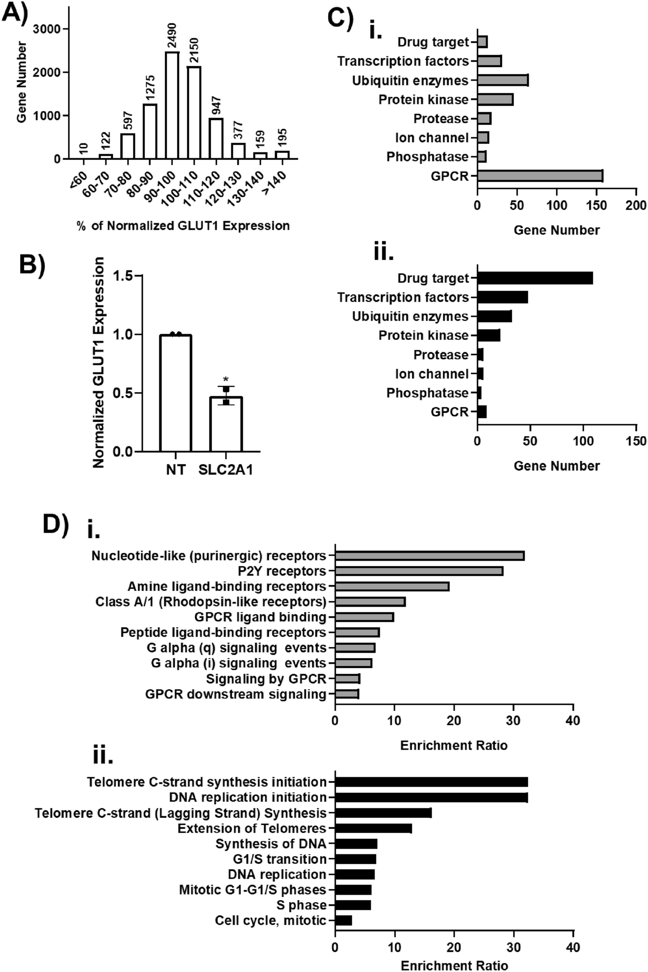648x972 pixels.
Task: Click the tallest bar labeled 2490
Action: [x=172, y=105]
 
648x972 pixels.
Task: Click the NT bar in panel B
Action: [x=176, y=393]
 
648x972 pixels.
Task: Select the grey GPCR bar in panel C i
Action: [x=540, y=176]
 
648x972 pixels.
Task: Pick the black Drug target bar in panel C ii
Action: [x=535, y=278]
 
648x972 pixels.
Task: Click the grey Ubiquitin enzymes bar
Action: [x=503, y=80]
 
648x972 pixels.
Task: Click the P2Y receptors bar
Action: [x=419, y=571]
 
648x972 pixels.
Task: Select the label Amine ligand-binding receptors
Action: [x=227, y=586]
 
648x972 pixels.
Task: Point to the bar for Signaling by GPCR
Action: [x=347, y=679]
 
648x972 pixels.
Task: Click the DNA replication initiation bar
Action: [x=431, y=797]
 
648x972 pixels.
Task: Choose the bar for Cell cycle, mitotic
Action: [x=343, y=921]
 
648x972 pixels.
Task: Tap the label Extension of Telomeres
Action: [x=252, y=828]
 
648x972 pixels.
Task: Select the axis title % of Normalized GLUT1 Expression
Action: [x=183, y=226]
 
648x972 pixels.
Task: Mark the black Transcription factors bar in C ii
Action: [x=503, y=298]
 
